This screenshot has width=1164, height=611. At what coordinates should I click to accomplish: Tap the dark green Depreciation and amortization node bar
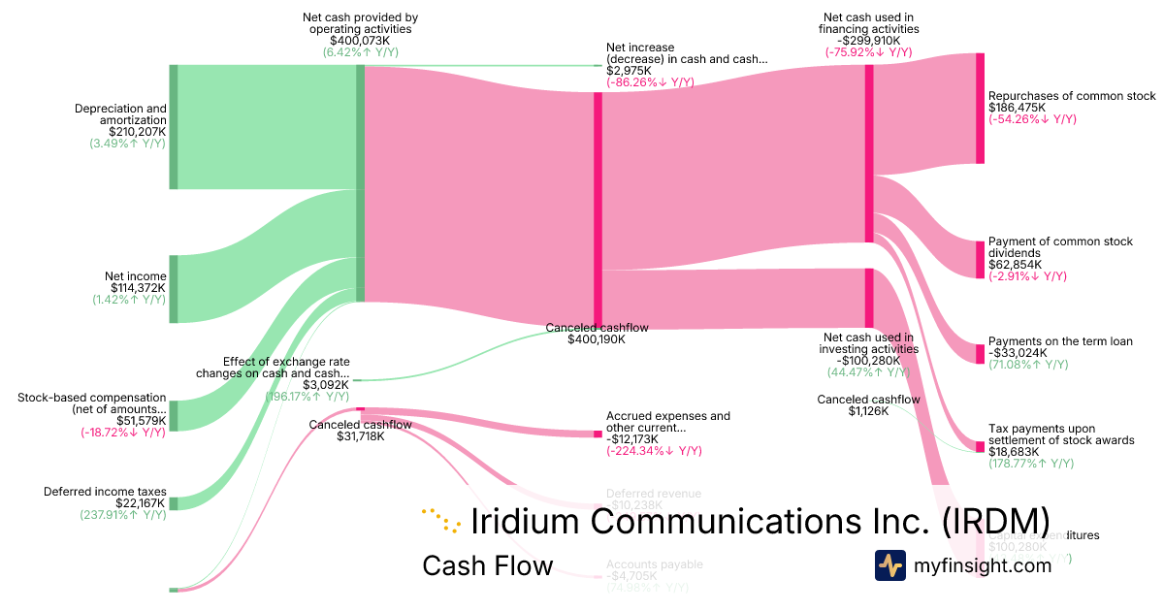[x=174, y=127]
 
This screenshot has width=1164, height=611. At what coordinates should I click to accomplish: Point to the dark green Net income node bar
[x=174, y=289]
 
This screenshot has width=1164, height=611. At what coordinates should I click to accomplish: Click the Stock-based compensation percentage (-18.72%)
[x=123, y=434]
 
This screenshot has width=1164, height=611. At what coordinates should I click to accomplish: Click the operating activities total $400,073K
[x=357, y=41]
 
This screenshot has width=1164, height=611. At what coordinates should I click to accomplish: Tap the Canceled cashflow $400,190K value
[x=597, y=339]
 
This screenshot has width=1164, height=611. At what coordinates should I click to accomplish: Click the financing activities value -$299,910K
[x=868, y=41]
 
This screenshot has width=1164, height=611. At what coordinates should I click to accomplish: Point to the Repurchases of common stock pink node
[x=980, y=109]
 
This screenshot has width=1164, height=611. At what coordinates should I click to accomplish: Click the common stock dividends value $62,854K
[x=1015, y=265]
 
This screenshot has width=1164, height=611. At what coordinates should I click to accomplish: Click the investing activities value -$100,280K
[x=868, y=361]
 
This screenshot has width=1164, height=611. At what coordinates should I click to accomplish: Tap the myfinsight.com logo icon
[x=889, y=565]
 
